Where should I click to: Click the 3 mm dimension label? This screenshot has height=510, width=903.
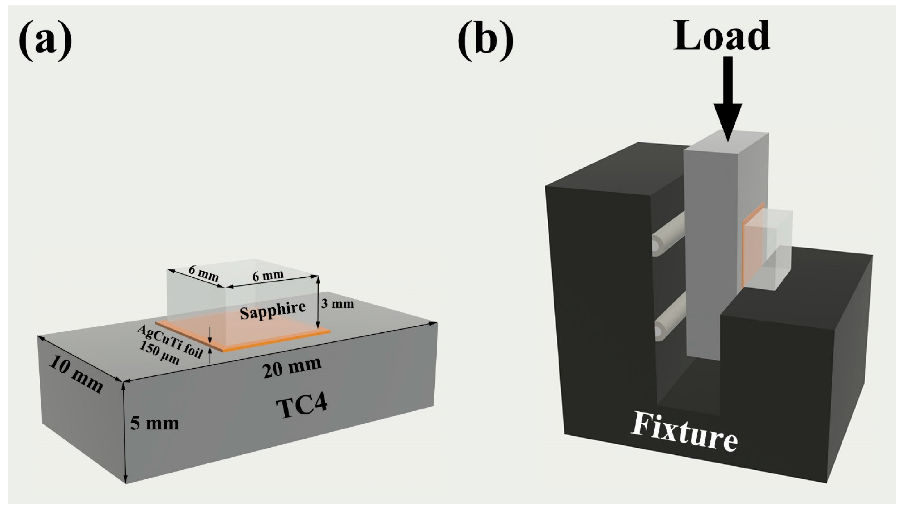tap(337, 304)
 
